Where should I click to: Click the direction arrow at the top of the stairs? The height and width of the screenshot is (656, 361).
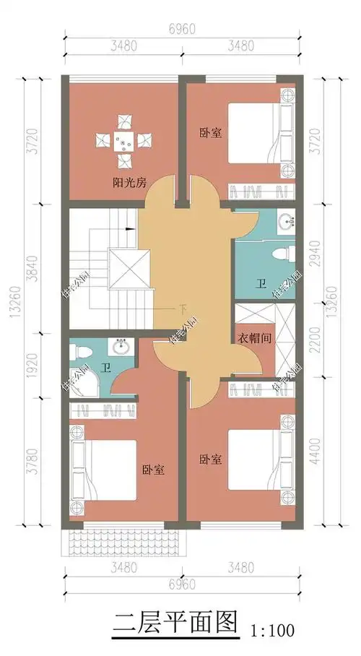[131, 228]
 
